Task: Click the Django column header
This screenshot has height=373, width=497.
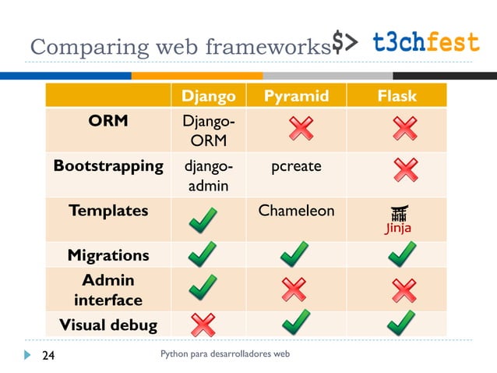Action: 208,96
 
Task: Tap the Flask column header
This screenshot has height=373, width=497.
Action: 397,96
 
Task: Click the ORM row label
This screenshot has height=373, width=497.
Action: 108,122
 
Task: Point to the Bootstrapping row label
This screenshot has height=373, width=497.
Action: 108,166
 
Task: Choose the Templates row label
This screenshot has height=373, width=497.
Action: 108,211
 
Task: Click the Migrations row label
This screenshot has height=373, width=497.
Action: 108,255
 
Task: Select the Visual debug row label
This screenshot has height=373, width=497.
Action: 108,325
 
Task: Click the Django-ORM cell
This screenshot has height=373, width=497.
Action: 207,131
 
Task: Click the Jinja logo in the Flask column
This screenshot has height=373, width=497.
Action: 397,220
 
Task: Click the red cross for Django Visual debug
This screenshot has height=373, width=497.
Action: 203,324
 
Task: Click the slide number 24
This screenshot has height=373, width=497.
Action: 48,356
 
